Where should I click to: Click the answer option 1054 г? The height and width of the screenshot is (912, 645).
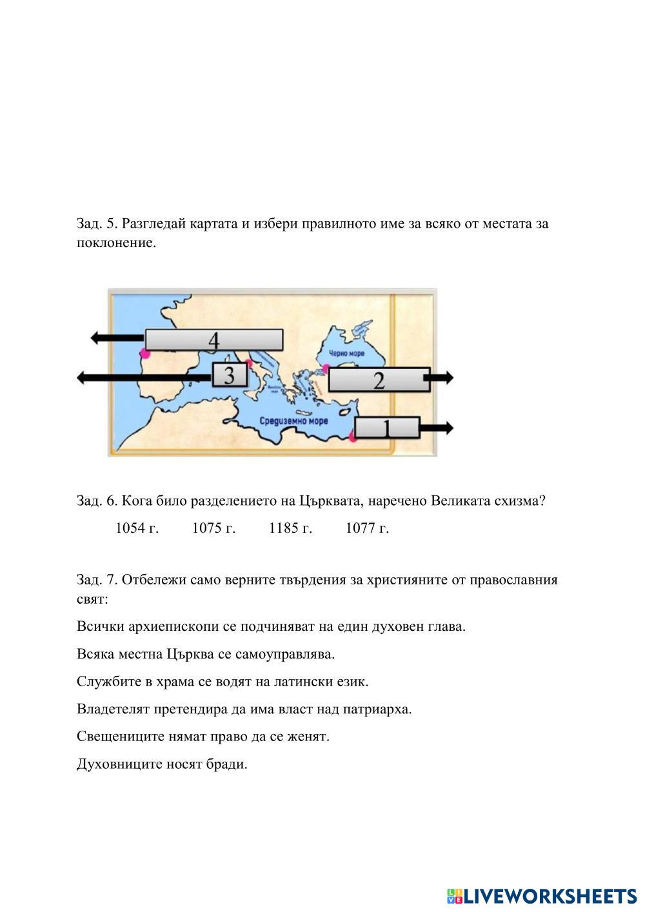(x=137, y=528)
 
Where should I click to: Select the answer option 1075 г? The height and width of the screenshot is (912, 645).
(x=213, y=528)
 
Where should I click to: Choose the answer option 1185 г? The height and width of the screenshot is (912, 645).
(x=290, y=528)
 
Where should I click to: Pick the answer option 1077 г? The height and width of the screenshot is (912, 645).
(x=367, y=528)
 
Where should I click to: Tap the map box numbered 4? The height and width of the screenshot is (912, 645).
(x=213, y=340)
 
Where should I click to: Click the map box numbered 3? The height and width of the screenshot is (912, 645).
(x=230, y=375)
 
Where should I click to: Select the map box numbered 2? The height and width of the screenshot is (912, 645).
(x=379, y=380)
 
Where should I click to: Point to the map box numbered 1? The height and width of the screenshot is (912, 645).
(x=387, y=428)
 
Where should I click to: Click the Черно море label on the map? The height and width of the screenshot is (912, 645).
(x=347, y=353)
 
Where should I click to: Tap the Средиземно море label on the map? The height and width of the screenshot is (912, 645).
(x=294, y=421)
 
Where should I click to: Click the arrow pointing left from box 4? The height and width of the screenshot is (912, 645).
(x=117, y=337)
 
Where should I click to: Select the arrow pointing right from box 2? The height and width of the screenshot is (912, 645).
(x=442, y=378)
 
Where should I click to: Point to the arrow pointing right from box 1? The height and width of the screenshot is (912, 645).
(x=437, y=427)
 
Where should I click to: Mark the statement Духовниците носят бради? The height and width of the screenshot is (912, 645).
(x=162, y=764)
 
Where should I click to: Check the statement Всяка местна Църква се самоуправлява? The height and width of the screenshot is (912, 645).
(x=206, y=654)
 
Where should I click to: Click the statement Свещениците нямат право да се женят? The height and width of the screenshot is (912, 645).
(x=203, y=737)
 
